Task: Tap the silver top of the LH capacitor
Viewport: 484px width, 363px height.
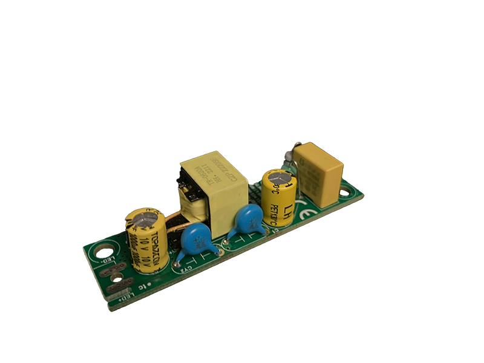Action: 279,177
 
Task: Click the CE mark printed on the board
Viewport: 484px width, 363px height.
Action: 307,214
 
